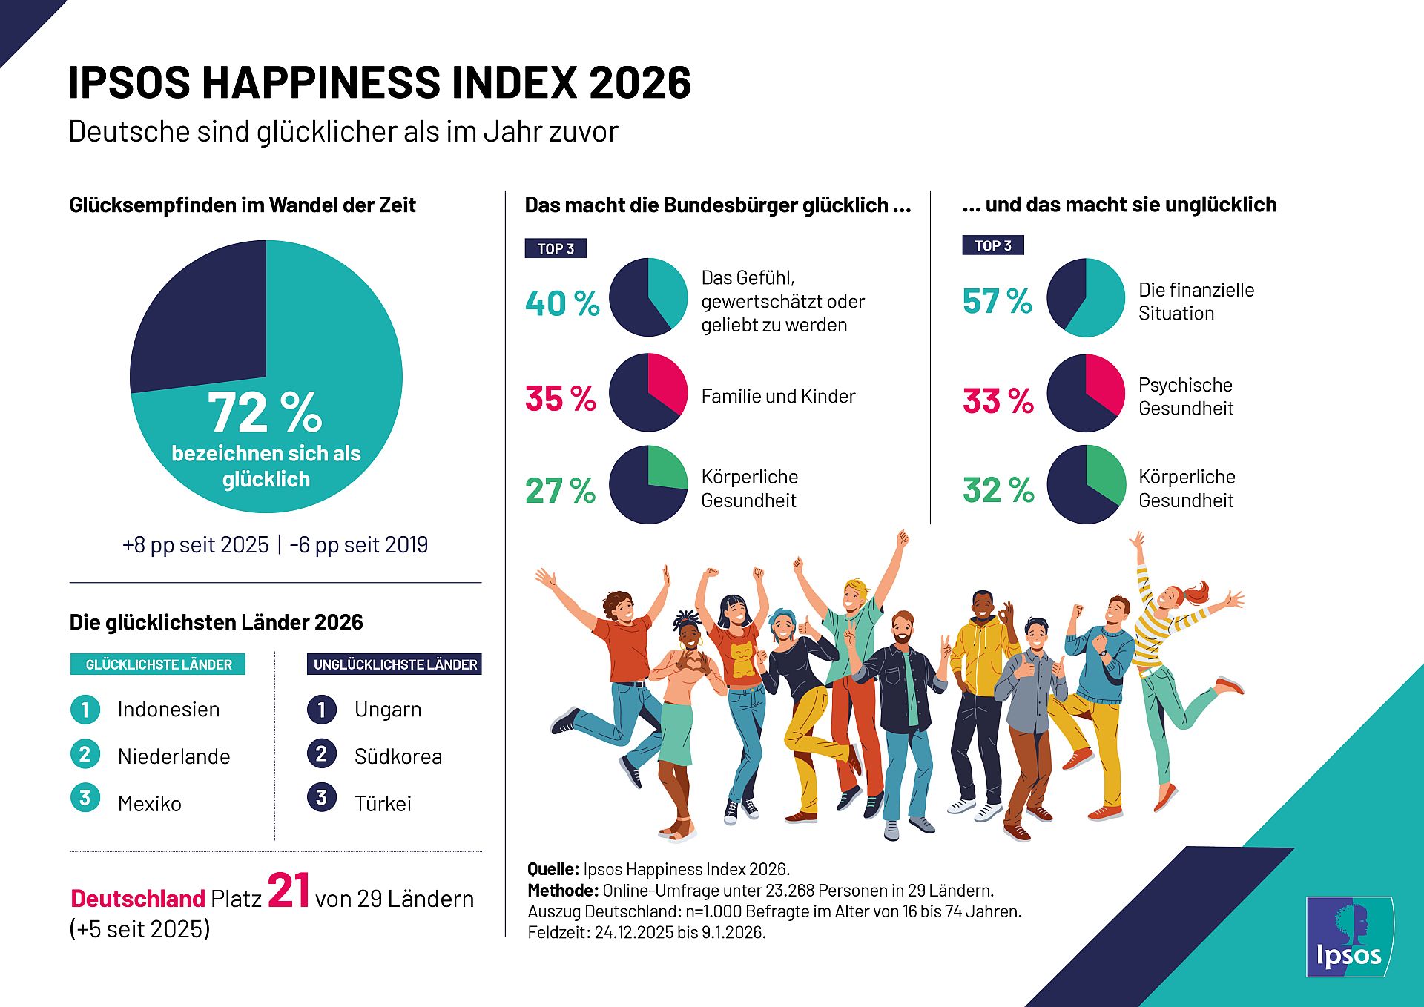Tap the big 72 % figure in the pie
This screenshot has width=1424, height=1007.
(265, 412)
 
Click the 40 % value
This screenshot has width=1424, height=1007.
(562, 303)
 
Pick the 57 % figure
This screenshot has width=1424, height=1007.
(998, 301)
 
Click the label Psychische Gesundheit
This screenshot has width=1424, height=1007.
(1185, 397)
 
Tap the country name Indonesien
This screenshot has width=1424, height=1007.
(168, 710)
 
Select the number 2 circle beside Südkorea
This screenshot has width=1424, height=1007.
(321, 754)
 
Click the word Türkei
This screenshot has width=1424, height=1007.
(383, 804)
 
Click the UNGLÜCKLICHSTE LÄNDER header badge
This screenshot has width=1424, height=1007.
(395, 664)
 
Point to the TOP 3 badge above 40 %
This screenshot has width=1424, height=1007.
(556, 248)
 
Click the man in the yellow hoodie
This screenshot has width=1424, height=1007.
(981, 667)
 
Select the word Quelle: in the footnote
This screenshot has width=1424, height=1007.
(553, 869)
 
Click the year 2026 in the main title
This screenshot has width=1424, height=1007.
(640, 82)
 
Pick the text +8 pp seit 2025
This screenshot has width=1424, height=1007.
(196, 545)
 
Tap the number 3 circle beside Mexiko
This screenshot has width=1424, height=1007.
(85, 798)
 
